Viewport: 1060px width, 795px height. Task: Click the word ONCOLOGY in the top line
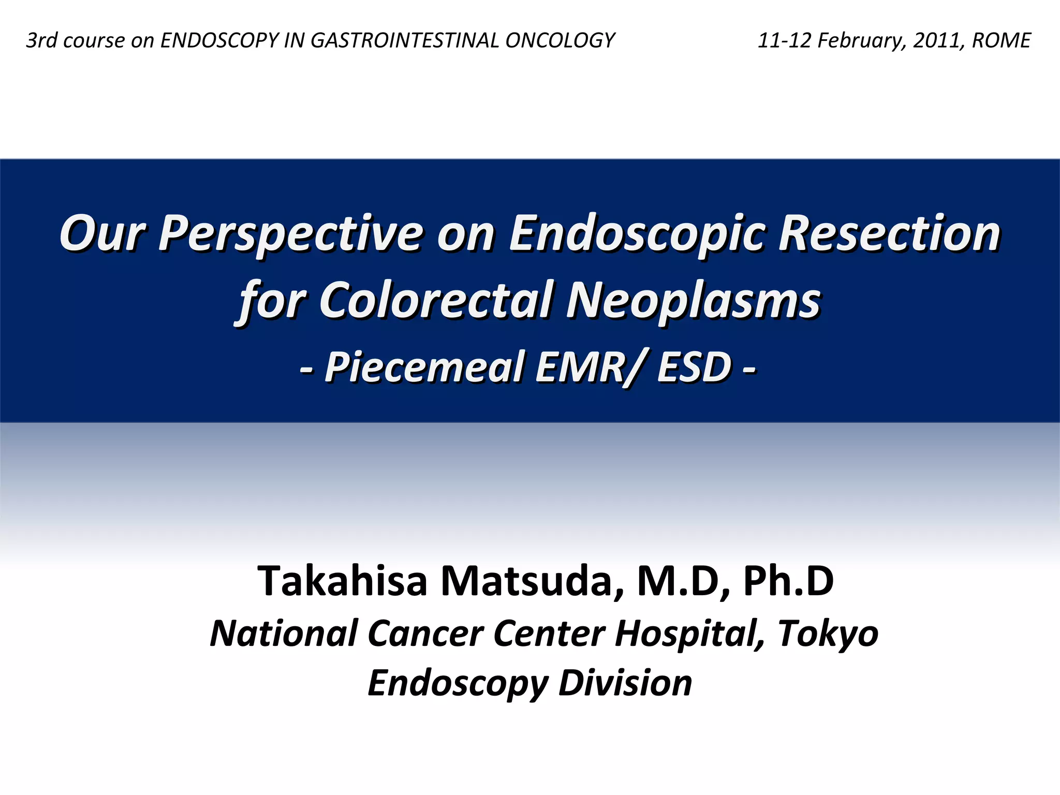coord(560,40)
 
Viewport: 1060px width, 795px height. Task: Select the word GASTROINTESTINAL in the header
coord(405,40)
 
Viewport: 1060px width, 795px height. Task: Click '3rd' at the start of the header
coord(41,40)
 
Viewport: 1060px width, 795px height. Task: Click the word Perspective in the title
coord(290,234)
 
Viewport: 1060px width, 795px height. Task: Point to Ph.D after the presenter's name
coord(788,581)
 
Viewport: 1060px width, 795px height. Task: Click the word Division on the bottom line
coord(625,683)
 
